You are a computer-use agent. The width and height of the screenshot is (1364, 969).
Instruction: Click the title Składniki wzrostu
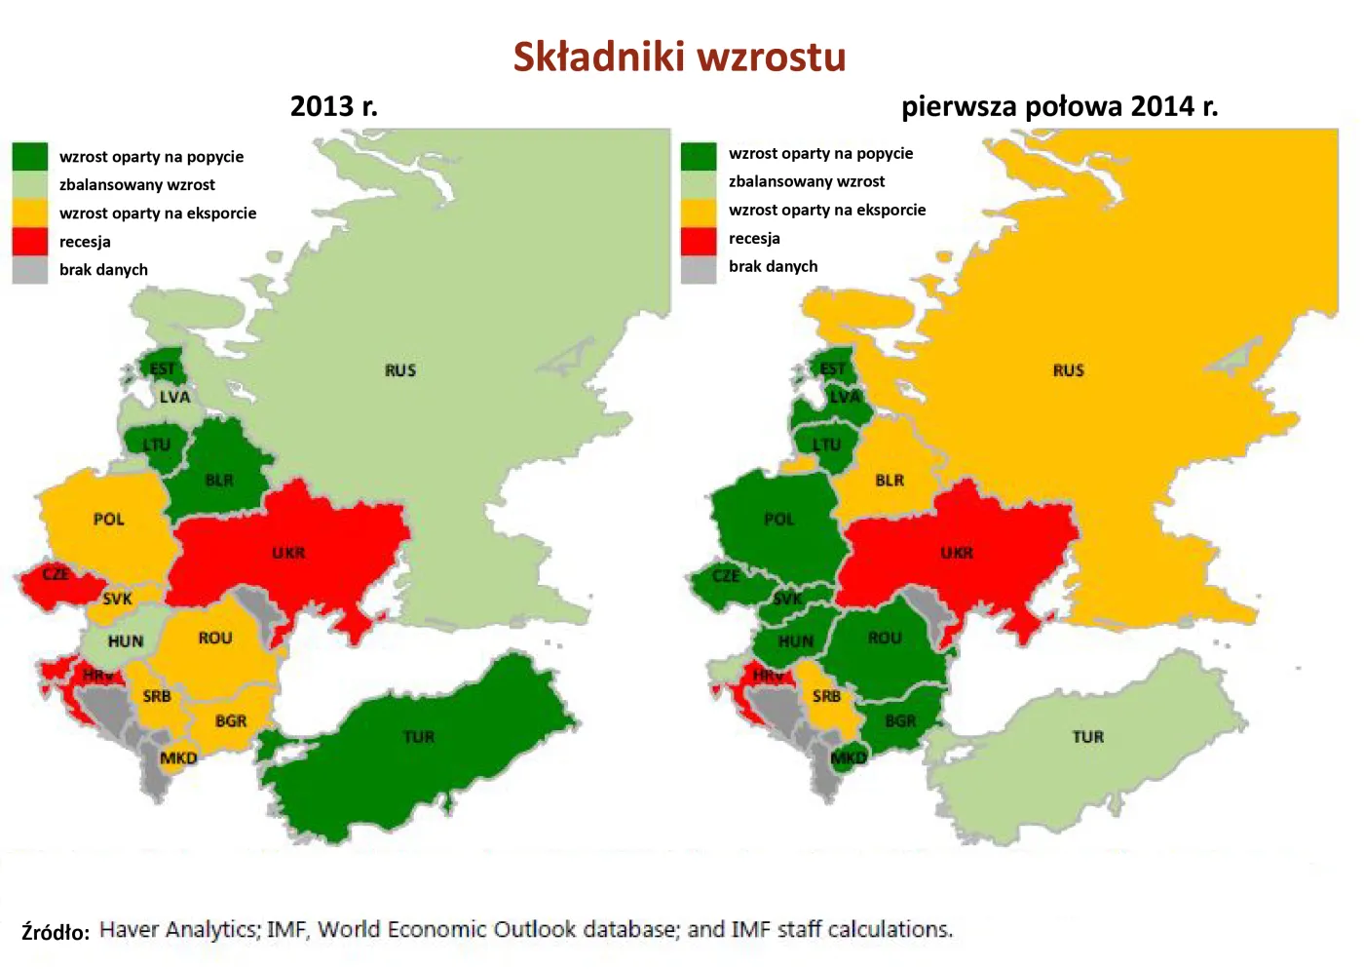[679, 57]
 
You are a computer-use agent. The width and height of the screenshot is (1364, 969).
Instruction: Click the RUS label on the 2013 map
[399, 370]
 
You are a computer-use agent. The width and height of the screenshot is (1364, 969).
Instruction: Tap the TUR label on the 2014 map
[1087, 737]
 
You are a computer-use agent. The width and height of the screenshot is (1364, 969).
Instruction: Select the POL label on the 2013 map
[108, 520]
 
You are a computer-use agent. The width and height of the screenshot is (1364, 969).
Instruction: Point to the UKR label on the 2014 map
[956, 553]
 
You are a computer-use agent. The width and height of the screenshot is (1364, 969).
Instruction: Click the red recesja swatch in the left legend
[30, 241]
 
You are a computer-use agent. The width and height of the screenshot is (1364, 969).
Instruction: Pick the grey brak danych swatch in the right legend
[699, 267]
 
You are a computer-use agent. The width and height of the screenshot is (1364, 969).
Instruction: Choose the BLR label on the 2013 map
[219, 480]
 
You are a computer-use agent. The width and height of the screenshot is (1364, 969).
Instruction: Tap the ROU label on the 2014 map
[884, 638]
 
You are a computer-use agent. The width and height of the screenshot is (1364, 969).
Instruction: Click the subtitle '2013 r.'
[333, 106]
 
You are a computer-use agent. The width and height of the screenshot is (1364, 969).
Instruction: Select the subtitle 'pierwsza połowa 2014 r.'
[1059, 106]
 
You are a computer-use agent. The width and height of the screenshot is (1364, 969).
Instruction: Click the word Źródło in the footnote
[56, 932]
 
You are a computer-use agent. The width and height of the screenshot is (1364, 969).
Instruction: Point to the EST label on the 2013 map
[163, 368]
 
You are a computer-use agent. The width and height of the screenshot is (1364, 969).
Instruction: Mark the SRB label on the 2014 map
[826, 696]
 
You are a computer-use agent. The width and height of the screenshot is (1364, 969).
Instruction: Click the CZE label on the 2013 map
[56, 574]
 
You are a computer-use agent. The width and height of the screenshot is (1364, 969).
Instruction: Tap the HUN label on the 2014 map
[795, 641]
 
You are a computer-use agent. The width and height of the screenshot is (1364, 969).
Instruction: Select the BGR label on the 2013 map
[231, 721]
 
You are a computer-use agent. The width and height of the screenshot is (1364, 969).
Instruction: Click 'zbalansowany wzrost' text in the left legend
[137, 185]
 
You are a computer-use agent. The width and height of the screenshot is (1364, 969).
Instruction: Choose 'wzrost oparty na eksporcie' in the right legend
[827, 210]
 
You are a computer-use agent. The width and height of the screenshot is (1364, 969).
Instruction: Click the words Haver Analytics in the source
[178, 930]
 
